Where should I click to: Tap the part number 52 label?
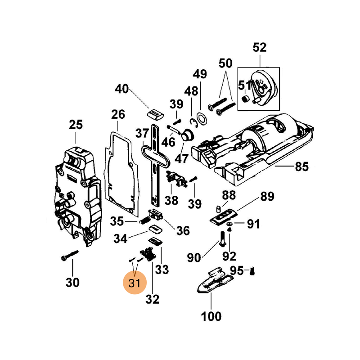(260, 47)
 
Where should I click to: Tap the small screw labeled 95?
(252, 271)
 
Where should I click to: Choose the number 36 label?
(182, 231)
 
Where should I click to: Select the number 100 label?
(211, 316)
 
